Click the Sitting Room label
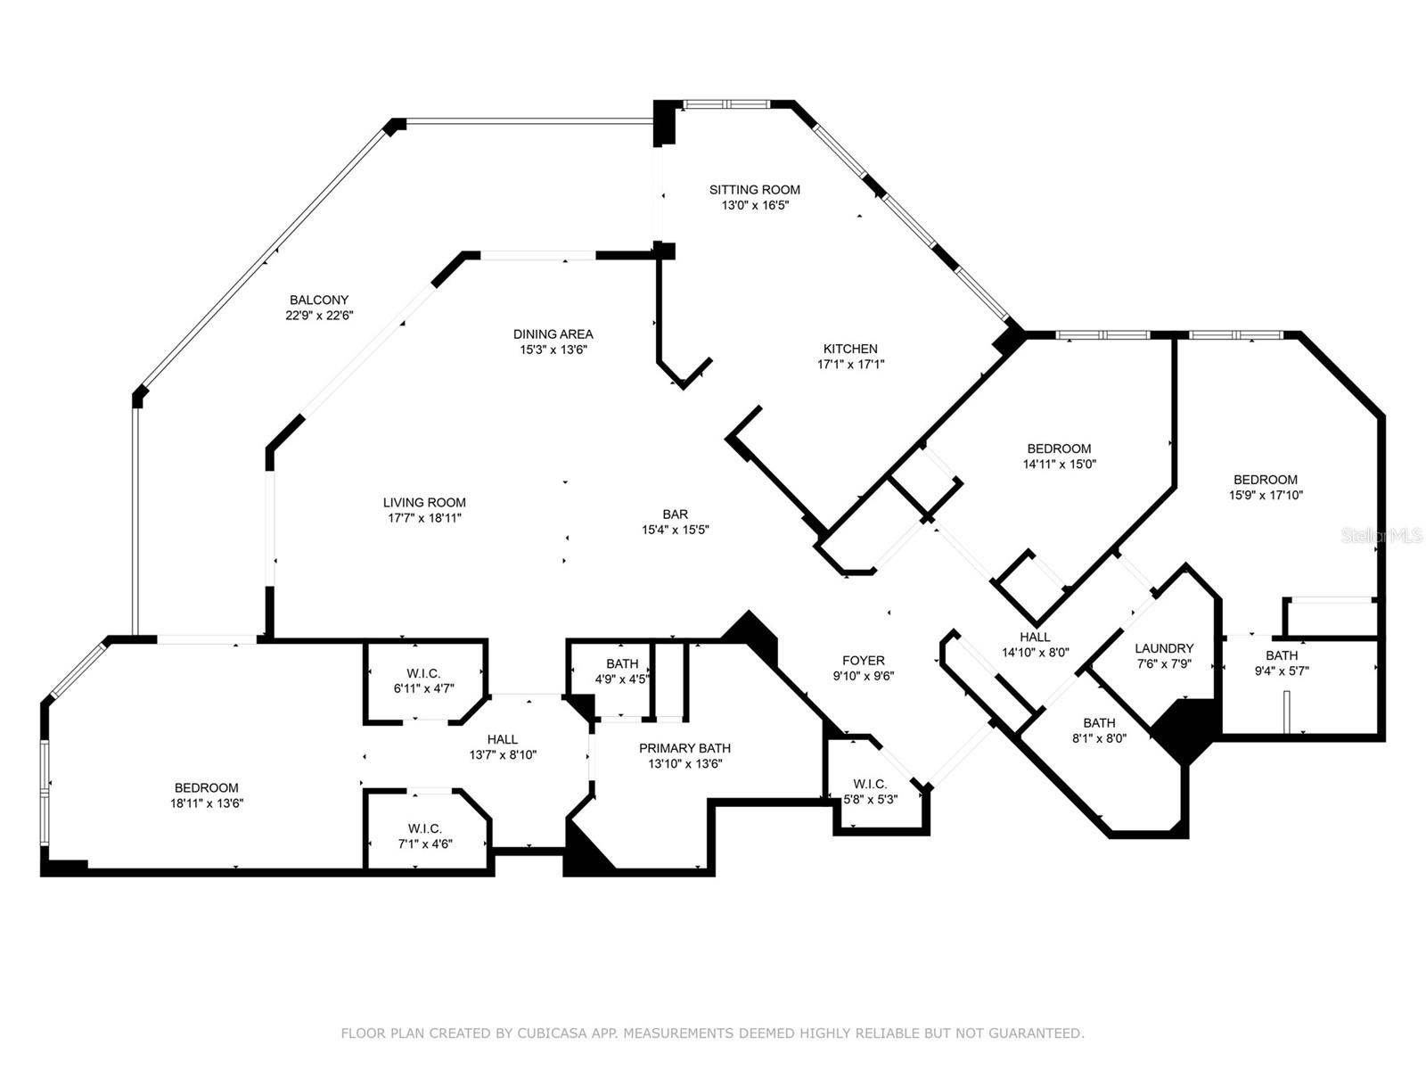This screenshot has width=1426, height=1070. coord(754,190)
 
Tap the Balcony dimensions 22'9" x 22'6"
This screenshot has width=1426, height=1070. coord(319,315)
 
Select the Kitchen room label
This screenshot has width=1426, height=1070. coord(850,349)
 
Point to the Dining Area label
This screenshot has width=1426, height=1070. coord(553,334)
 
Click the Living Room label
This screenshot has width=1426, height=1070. coord(424,502)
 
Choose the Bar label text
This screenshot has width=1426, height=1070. coord(675,514)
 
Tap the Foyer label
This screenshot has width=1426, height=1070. coord(863,661)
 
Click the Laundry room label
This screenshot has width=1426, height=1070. coord(1163,648)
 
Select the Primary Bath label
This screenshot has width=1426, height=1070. coord(684,748)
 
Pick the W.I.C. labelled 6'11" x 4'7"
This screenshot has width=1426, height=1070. coord(423,681)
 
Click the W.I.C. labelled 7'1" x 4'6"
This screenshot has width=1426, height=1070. coord(425,835)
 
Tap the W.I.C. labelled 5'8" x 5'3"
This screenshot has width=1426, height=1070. coord(870,792)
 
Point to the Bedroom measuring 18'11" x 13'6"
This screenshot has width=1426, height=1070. coord(207,794)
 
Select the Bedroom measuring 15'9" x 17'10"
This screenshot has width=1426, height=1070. coord(1266,487)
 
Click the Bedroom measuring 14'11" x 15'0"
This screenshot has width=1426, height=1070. coord(1059,456)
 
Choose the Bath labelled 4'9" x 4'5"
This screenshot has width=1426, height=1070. coord(622,671)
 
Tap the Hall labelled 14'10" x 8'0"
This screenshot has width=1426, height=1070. coord(1035,644)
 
